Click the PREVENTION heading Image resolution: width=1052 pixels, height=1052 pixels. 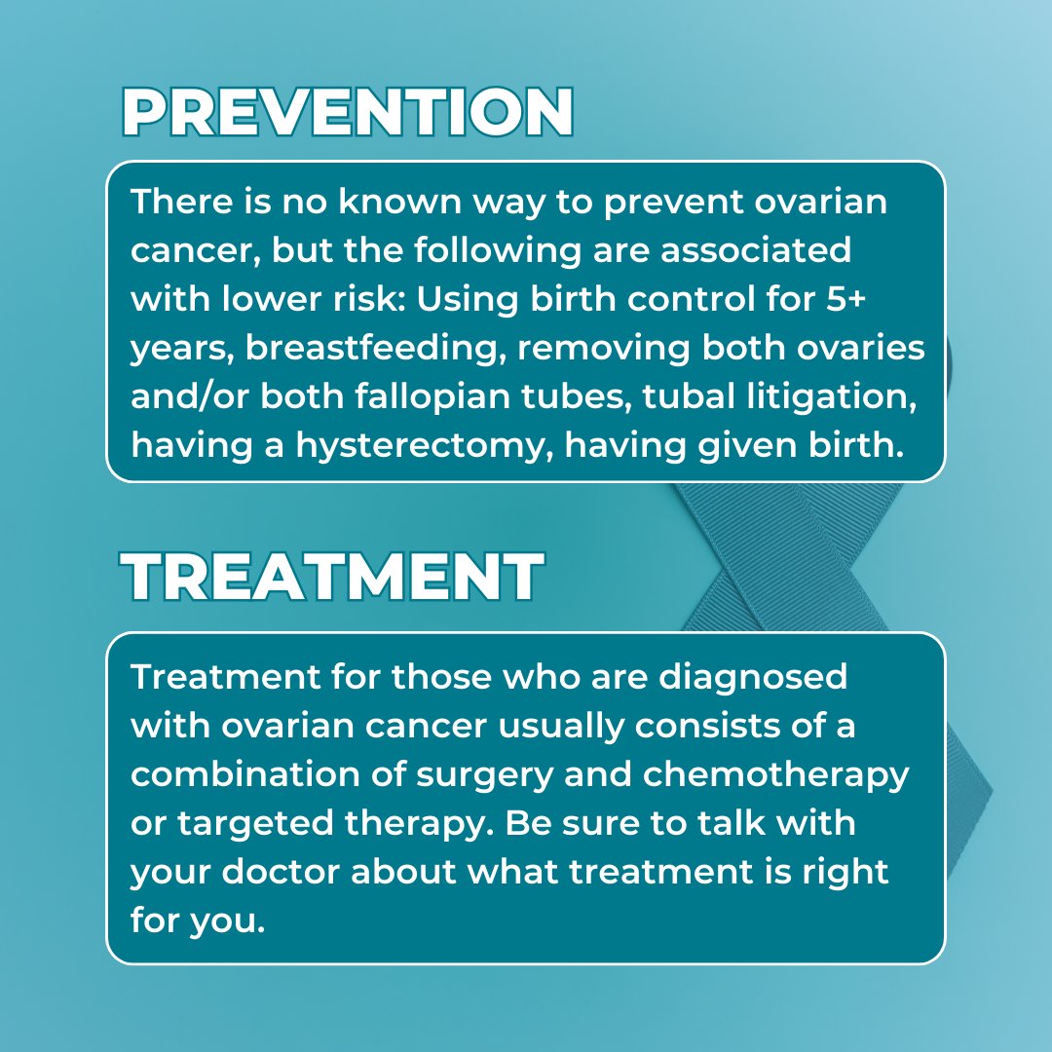point(347,113)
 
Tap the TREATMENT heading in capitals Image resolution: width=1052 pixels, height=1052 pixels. point(332,577)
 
